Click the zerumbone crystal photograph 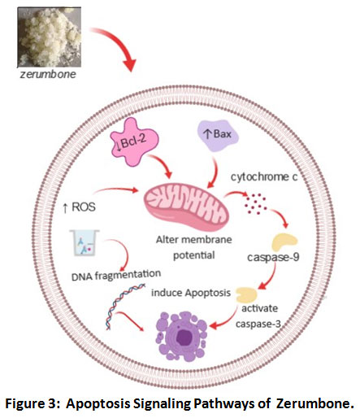(50, 37)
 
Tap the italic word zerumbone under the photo (48, 74)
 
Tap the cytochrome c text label (264, 177)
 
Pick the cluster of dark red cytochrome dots (255, 204)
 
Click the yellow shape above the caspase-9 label (284, 242)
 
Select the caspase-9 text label (273, 257)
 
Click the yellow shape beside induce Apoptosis (246, 295)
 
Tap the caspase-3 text (258, 324)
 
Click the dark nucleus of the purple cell (184, 337)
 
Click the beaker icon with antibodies (85, 243)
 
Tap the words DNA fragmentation (116, 275)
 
